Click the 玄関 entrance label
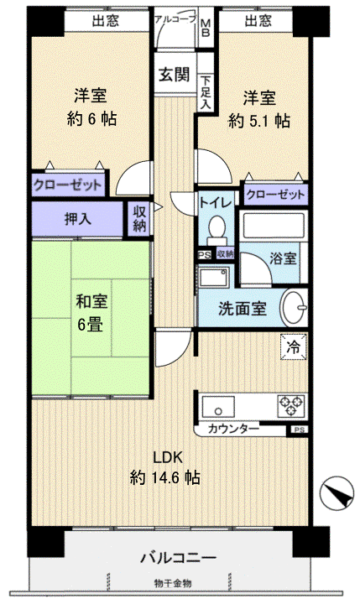[175, 73]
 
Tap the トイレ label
[215, 202]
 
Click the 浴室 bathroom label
[283, 258]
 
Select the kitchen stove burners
[291, 406]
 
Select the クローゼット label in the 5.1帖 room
[275, 194]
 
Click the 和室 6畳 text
[91, 313]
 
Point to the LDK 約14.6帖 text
[164, 467]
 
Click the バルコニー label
[178, 557]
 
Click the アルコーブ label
[173, 18]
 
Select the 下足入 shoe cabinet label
[206, 91]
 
